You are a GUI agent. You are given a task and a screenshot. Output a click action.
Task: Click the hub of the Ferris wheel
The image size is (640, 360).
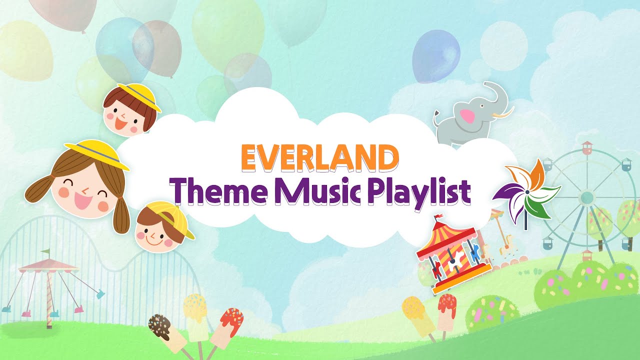point(586,196)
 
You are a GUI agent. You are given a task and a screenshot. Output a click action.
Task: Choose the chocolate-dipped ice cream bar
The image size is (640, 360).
point(161,326)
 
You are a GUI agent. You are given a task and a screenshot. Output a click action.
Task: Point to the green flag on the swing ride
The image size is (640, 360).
point(46,251)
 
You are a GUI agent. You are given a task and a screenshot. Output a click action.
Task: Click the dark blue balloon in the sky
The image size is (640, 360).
point(436,55)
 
